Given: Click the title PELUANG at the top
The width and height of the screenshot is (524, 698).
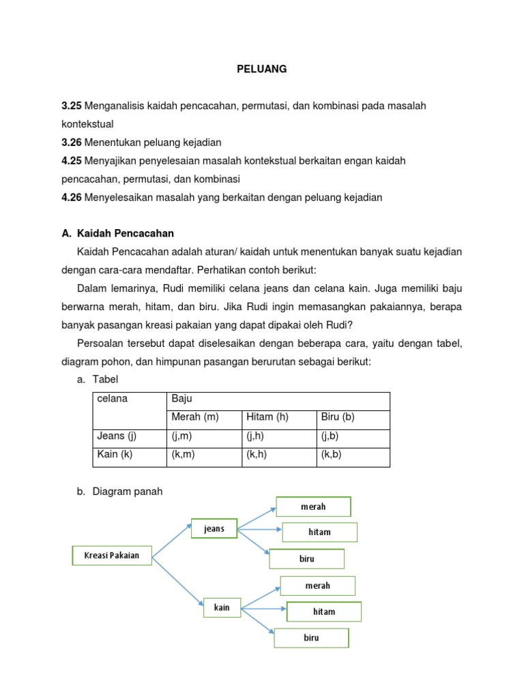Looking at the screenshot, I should pos(261,69).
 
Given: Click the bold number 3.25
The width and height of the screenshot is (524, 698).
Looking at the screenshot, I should pos(72,106).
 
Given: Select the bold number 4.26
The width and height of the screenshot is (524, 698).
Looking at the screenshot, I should pos(72,198).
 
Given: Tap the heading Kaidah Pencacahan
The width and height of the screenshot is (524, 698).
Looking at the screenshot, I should pos(126,233).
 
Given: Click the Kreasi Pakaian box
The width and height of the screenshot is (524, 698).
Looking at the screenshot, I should pos(112,556).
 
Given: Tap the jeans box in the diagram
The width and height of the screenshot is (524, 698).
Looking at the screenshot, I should pos(214,529).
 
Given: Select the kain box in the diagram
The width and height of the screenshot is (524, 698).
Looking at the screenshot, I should pos(222,607).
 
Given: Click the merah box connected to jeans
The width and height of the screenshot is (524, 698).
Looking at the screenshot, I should pos(313,507).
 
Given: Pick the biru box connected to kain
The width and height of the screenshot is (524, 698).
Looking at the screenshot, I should pos(311,639).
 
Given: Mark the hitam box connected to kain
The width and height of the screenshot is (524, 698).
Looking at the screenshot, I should pos(324,612).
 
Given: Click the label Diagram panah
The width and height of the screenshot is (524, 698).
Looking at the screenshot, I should pos(128,491).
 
